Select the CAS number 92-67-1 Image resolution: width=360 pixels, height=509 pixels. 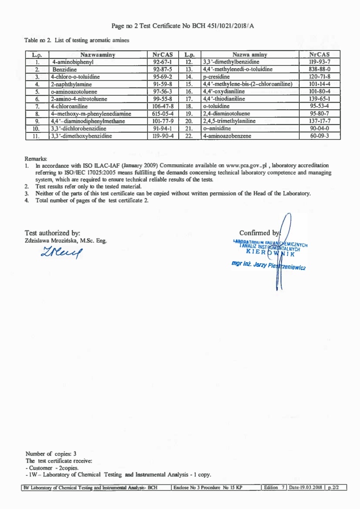pyautogui.click(x=162, y=62)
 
